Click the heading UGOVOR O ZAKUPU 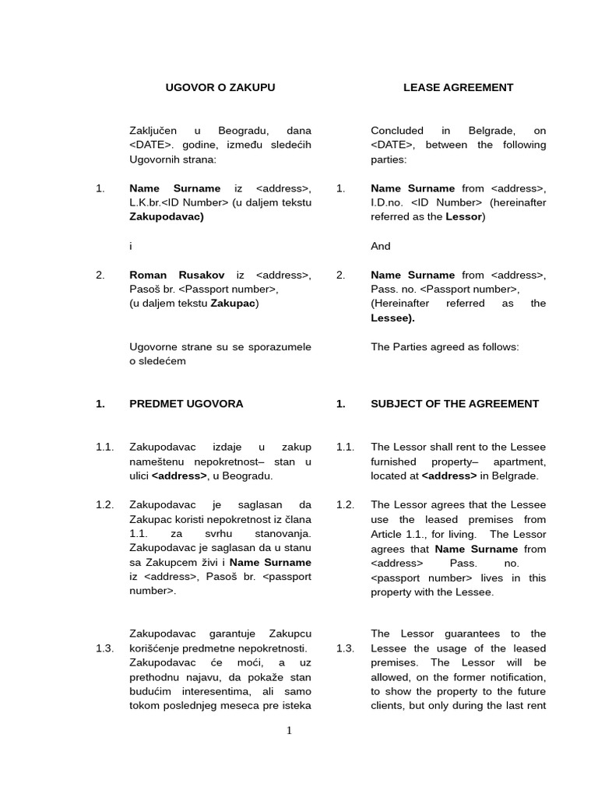[x=220, y=87]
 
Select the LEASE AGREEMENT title [x=458, y=87]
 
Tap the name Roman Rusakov [x=177, y=275]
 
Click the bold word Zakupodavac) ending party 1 [x=167, y=216]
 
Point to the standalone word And [x=381, y=246]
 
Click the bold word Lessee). [x=392, y=318]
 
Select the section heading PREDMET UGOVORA [x=186, y=403]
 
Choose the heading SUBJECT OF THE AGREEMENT [x=455, y=403]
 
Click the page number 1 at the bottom [x=289, y=730]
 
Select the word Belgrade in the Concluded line [x=491, y=131]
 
